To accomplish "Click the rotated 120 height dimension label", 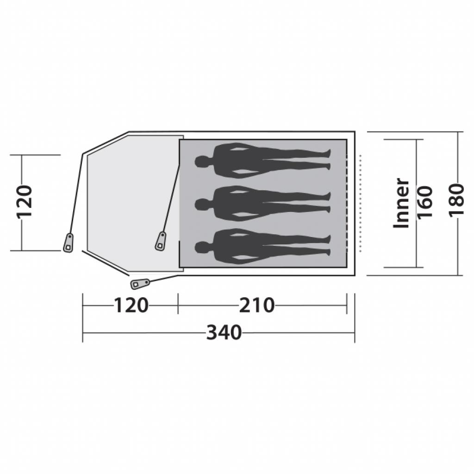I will click(24, 202).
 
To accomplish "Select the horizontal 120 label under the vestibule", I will click(131, 306).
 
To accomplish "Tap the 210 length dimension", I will click(257, 306).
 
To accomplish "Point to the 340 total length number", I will click(224, 333).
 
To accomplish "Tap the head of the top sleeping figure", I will click(201, 162).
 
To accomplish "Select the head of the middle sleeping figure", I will click(201, 204).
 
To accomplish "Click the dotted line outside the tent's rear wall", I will click(361, 204).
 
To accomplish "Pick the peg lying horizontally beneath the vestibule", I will click(140, 283).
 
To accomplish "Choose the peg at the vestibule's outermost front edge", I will click(69, 243).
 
